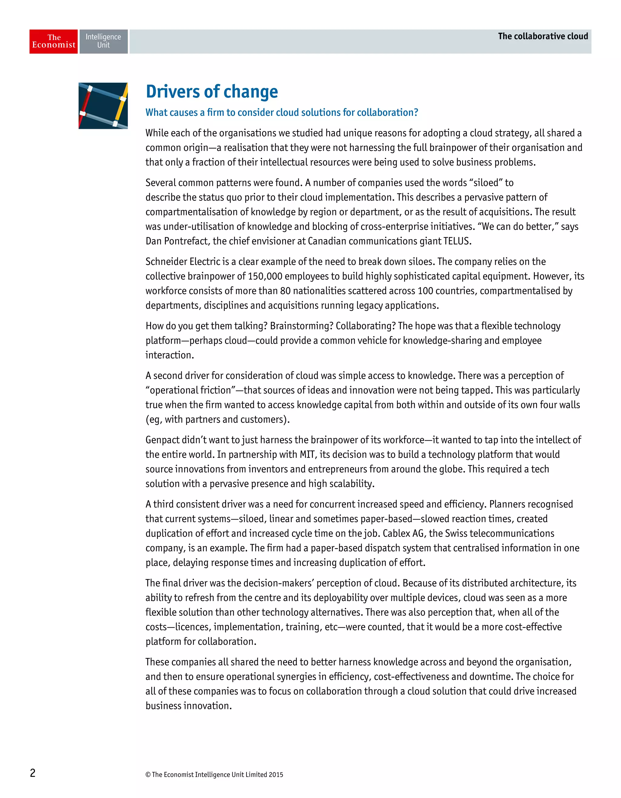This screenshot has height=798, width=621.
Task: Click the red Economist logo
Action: click(53, 42)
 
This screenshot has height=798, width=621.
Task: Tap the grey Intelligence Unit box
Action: click(103, 42)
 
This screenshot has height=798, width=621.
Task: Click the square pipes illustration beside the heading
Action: click(103, 105)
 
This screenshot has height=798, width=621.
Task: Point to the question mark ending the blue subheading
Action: click(416, 112)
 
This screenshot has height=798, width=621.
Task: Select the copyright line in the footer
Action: click(214, 775)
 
